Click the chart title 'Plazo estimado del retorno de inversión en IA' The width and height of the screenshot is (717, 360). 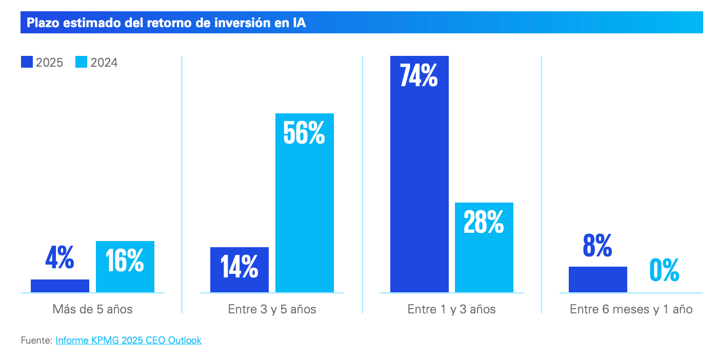pyautogui.click(x=166, y=23)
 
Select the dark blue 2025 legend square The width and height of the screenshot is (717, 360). pyautogui.click(x=27, y=62)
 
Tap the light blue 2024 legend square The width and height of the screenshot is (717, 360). pyautogui.click(x=82, y=62)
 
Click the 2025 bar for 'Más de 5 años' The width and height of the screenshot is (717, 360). pyautogui.click(x=60, y=286)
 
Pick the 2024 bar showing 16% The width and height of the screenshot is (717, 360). pyautogui.click(x=125, y=267)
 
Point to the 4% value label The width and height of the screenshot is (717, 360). pyautogui.click(x=59, y=259)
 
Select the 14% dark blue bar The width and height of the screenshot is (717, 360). pyautogui.click(x=240, y=270)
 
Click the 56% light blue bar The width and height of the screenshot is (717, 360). pyautogui.click(x=305, y=203)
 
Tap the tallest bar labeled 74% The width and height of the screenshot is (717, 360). pyautogui.click(x=419, y=174)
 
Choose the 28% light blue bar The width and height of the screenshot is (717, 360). pyautogui.click(x=484, y=247)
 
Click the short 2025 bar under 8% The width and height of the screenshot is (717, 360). pyautogui.click(x=597, y=279)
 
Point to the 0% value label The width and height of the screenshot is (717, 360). pyautogui.click(x=664, y=270)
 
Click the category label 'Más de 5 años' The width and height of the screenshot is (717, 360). pyautogui.click(x=92, y=309)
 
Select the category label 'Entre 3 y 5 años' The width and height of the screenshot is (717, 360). pyautogui.click(x=272, y=309)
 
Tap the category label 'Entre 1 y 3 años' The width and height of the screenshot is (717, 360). pyautogui.click(x=451, y=309)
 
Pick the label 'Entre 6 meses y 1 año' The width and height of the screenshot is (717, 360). pyautogui.click(x=631, y=309)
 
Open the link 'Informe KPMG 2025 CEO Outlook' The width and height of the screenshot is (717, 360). pyautogui.click(x=128, y=340)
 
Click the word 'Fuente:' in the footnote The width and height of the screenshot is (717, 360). pyautogui.click(x=36, y=340)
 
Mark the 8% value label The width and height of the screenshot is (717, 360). pyautogui.click(x=597, y=246)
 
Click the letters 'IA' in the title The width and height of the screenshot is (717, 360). pyautogui.click(x=299, y=23)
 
